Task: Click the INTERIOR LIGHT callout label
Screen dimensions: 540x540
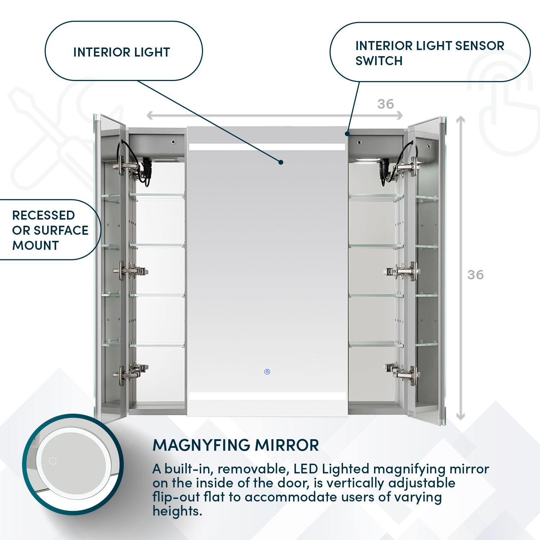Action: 122,52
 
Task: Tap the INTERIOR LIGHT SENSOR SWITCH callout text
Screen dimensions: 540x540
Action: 429,53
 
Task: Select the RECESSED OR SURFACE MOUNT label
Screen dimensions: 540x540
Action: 50,230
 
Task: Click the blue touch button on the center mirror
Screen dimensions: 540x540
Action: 267,372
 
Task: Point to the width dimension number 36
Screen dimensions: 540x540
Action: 386,104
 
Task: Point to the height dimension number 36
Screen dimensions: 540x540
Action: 475,275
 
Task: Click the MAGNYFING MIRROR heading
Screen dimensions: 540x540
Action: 236,445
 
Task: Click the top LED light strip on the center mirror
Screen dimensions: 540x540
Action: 267,147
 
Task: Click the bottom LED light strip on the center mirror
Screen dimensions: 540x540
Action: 267,396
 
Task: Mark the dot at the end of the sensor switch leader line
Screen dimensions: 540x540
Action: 347,134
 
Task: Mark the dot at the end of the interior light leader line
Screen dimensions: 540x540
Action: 281,162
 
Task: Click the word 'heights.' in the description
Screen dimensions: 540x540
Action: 177,511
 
